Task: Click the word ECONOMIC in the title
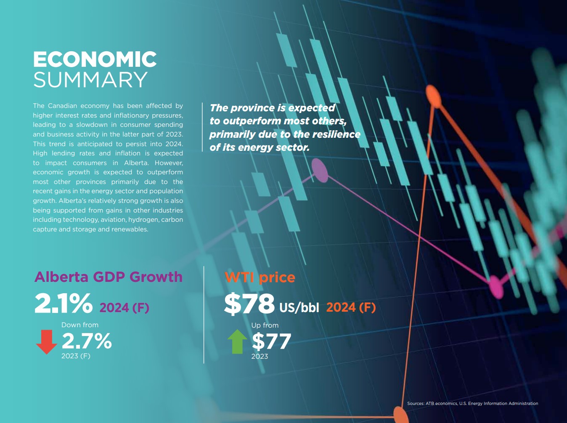click(95, 59)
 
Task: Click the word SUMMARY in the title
click(90, 80)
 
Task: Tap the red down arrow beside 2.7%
click(46, 342)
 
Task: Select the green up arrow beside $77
click(237, 341)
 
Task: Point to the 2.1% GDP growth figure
click(63, 303)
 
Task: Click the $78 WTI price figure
click(249, 304)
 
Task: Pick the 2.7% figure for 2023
click(87, 341)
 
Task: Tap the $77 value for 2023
click(272, 342)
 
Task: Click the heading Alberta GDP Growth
click(109, 277)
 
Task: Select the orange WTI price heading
click(260, 277)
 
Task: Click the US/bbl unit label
click(299, 307)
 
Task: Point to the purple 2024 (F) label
click(124, 308)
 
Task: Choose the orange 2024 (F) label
click(351, 307)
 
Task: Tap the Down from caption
click(80, 325)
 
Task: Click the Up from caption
click(265, 325)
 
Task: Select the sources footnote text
click(472, 403)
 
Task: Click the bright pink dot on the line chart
click(496, 286)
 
